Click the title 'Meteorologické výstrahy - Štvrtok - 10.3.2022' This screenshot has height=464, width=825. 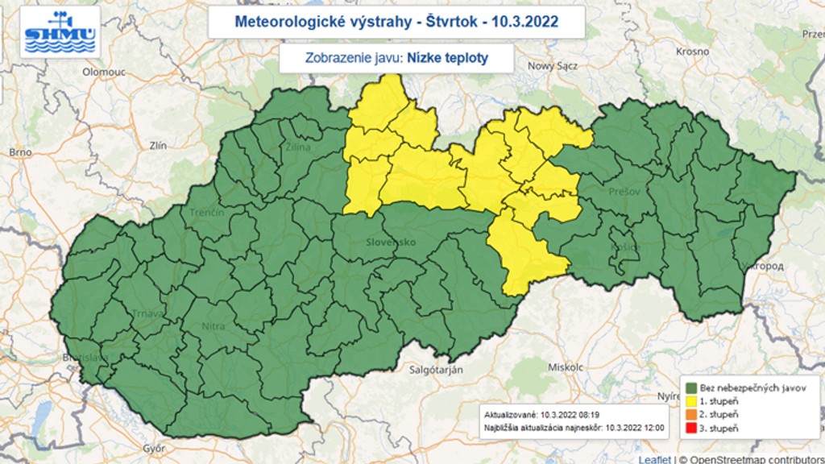coord(396,21)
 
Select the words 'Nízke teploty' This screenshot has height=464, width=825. coord(447,58)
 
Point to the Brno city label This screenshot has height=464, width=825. coord(19,151)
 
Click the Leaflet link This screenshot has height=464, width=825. coord(653,459)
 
